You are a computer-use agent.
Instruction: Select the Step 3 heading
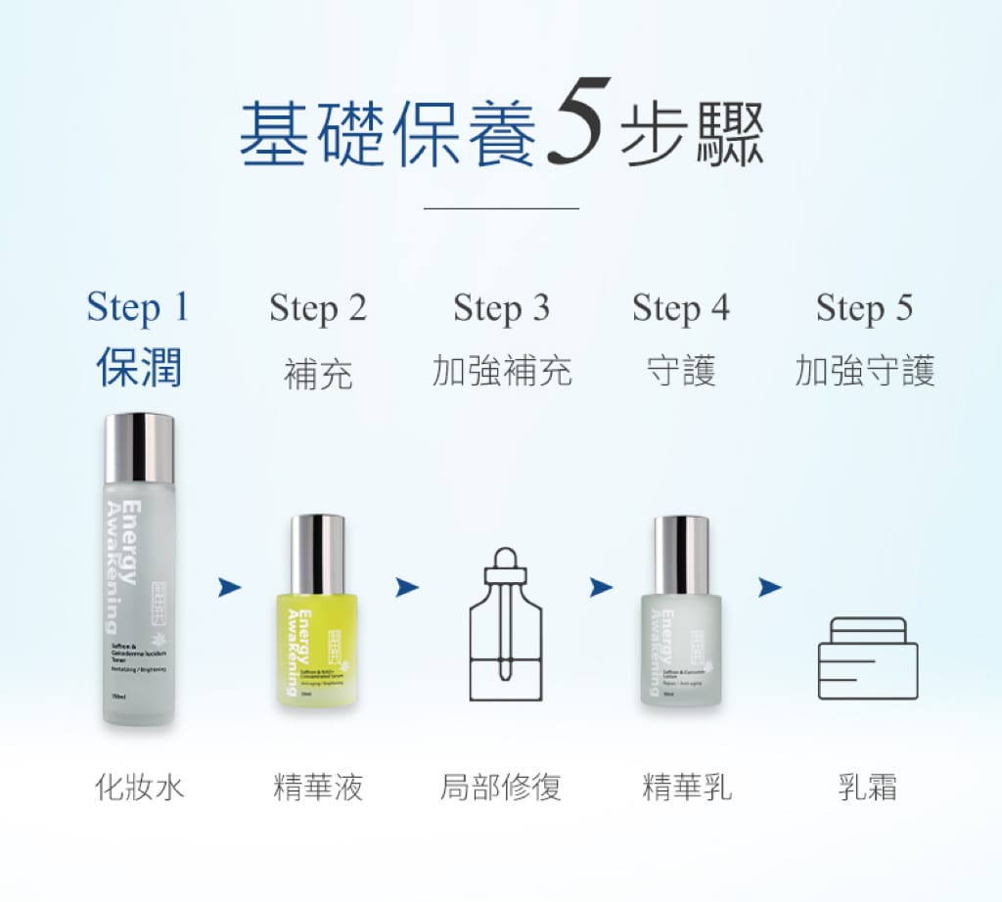[x=501, y=308]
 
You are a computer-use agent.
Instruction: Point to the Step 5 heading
[x=864, y=308]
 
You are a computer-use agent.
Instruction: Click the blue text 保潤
[x=138, y=370]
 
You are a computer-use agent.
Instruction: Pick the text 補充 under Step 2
[x=318, y=373]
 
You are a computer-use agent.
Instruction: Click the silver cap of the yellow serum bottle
[x=318, y=554]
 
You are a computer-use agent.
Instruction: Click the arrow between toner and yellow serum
[x=229, y=586]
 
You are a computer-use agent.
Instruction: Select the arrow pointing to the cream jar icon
[x=770, y=587]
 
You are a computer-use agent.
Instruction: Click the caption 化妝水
[x=138, y=788]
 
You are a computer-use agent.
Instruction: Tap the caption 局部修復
[x=501, y=788]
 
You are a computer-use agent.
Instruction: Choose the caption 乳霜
[x=867, y=788]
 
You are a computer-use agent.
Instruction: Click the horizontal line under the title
[x=501, y=207]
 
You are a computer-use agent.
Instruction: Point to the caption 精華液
[x=318, y=788]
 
